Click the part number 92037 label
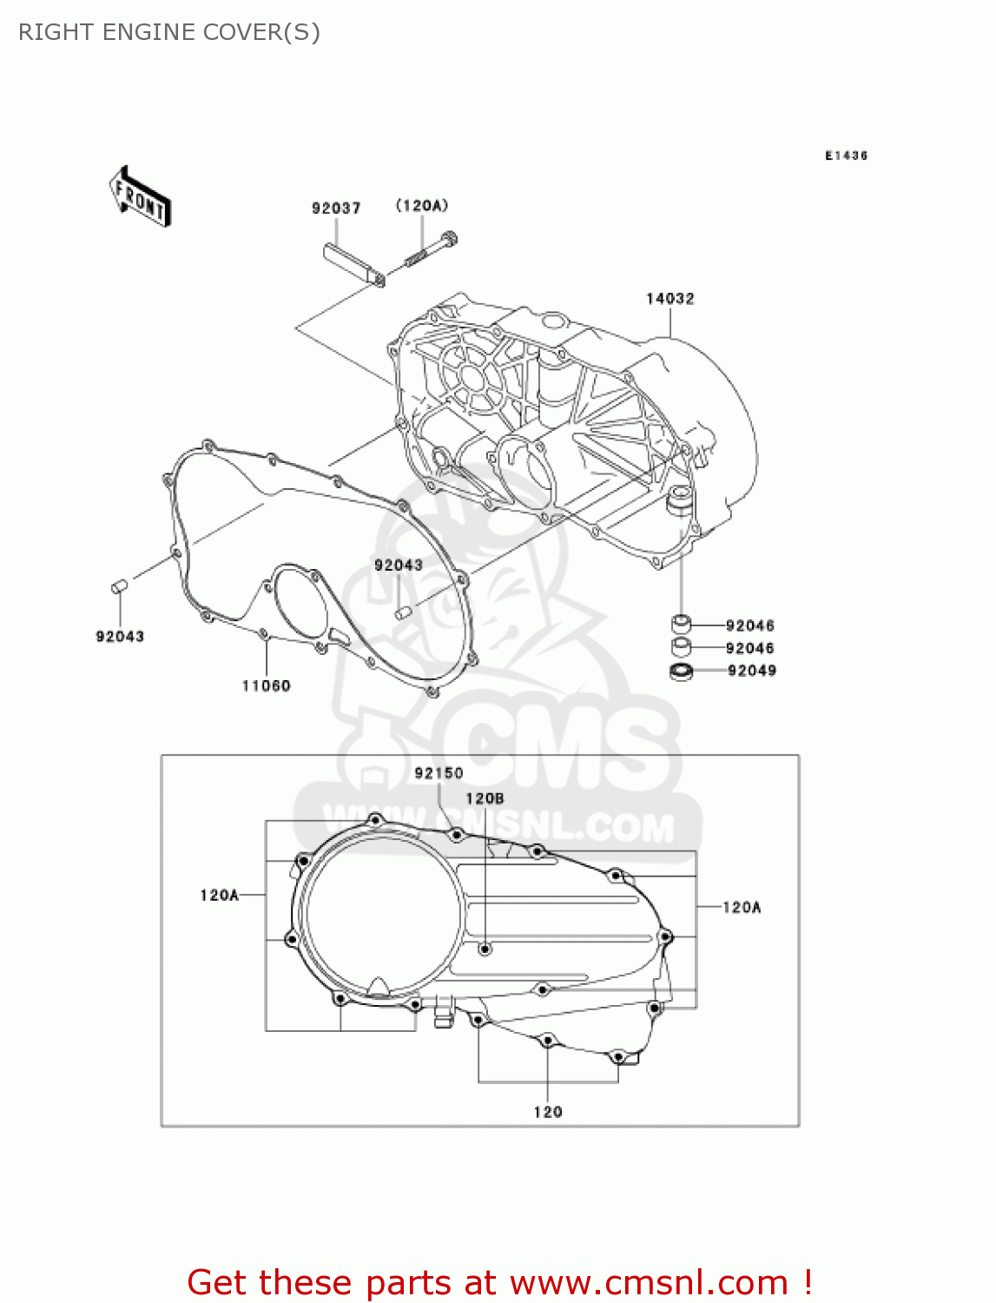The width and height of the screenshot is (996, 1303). click(336, 208)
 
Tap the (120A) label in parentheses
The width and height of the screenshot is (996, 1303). click(422, 206)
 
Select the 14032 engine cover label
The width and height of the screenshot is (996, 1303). click(669, 299)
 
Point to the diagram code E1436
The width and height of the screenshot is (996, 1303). click(846, 155)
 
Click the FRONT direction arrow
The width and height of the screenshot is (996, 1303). click(140, 197)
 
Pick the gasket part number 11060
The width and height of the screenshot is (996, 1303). click(266, 686)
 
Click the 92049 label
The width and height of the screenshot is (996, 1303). click(752, 671)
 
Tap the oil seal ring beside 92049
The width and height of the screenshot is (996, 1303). click(682, 671)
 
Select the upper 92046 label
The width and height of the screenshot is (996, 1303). click(750, 625)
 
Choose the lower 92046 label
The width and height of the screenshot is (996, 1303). click(750, 648)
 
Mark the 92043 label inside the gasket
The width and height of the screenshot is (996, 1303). click(398, 566)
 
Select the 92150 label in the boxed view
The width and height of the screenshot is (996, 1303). click(439, 773)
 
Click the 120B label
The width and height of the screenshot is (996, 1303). click(485, 798)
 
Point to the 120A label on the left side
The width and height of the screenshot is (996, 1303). click(219, 895)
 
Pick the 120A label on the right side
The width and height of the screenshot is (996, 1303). click(742, 908)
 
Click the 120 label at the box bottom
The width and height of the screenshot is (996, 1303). click(548, 1112)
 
